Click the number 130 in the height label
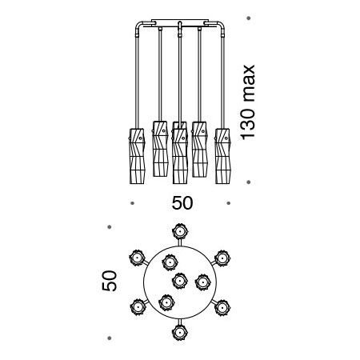click(248, 124)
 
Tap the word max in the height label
click(250, 83)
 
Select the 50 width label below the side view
click(182, 203)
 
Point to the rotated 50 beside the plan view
click(110, 281)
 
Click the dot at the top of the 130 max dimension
click(249, 18)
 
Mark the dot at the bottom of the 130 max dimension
click(249, 182)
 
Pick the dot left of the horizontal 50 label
click(132, 203)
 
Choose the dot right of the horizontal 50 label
click(228, 203)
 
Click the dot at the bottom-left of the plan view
click(110, 338)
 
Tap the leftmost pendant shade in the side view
click(137, 156)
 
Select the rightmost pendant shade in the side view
click(222, 156)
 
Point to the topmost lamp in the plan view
click(180, 231)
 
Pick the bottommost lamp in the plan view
click(180, 333)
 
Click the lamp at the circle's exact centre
click(180, 281)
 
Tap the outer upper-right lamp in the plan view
click(222, 258)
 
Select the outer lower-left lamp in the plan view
click(138, 307)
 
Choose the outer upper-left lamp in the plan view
click(137, 258)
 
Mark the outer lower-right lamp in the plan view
click(222, 308)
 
